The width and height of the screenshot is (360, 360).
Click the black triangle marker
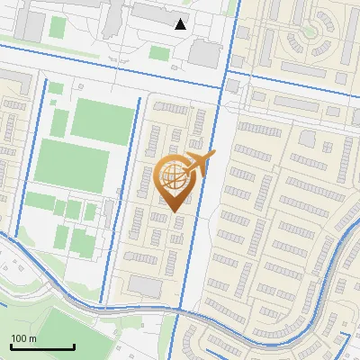tap(181, 24)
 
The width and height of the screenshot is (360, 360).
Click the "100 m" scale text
tap(23, 338)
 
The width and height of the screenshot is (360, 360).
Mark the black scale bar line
tap(41, 346)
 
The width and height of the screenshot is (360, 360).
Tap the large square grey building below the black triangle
tap(204, 53)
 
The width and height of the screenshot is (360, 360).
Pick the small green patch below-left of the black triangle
tap(159, 53)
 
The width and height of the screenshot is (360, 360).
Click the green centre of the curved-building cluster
tap(310, 31)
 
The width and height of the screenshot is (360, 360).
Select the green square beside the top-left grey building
tap(57, 27)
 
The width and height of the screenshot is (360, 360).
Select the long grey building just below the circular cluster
tap(304, 67)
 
